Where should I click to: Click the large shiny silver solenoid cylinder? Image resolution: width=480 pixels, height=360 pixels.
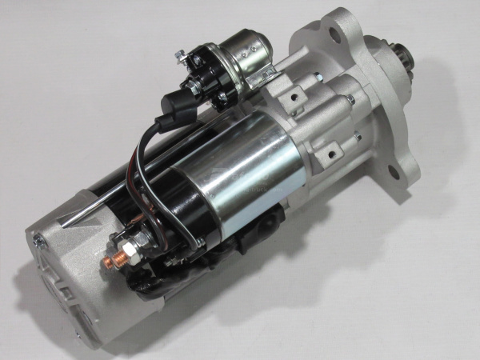coord(240,168)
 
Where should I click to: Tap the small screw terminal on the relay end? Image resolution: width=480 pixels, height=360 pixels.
coord(182,55)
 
